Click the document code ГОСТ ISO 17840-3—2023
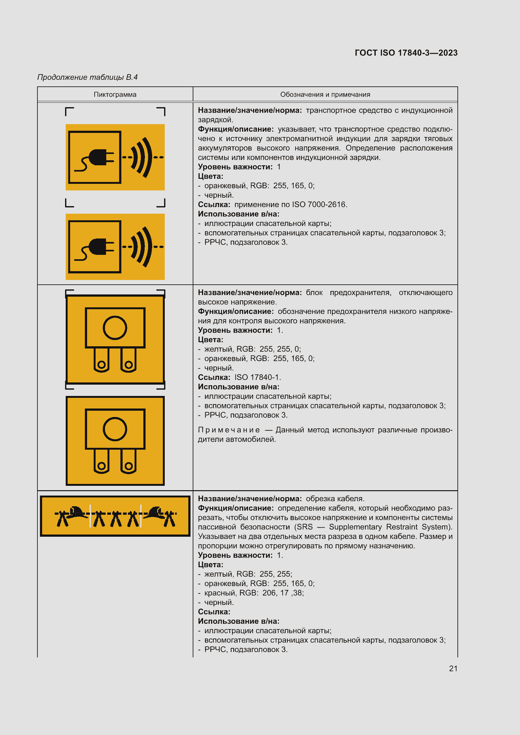point(406,53)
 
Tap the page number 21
point(453,668)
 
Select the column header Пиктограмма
point(115,95)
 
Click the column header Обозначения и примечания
point(325,95)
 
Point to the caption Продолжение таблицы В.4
point(87,77)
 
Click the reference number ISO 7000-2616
point(323,204)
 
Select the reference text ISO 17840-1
point(257,377)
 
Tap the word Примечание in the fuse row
point(229,430)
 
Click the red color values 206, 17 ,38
point(283,593)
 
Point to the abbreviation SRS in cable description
point(305,527)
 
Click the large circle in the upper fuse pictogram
point(115,327)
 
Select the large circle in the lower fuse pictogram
point(115,429)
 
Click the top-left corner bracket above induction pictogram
point(69,111)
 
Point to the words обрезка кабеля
point(335,498)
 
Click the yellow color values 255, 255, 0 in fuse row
point(280,349)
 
